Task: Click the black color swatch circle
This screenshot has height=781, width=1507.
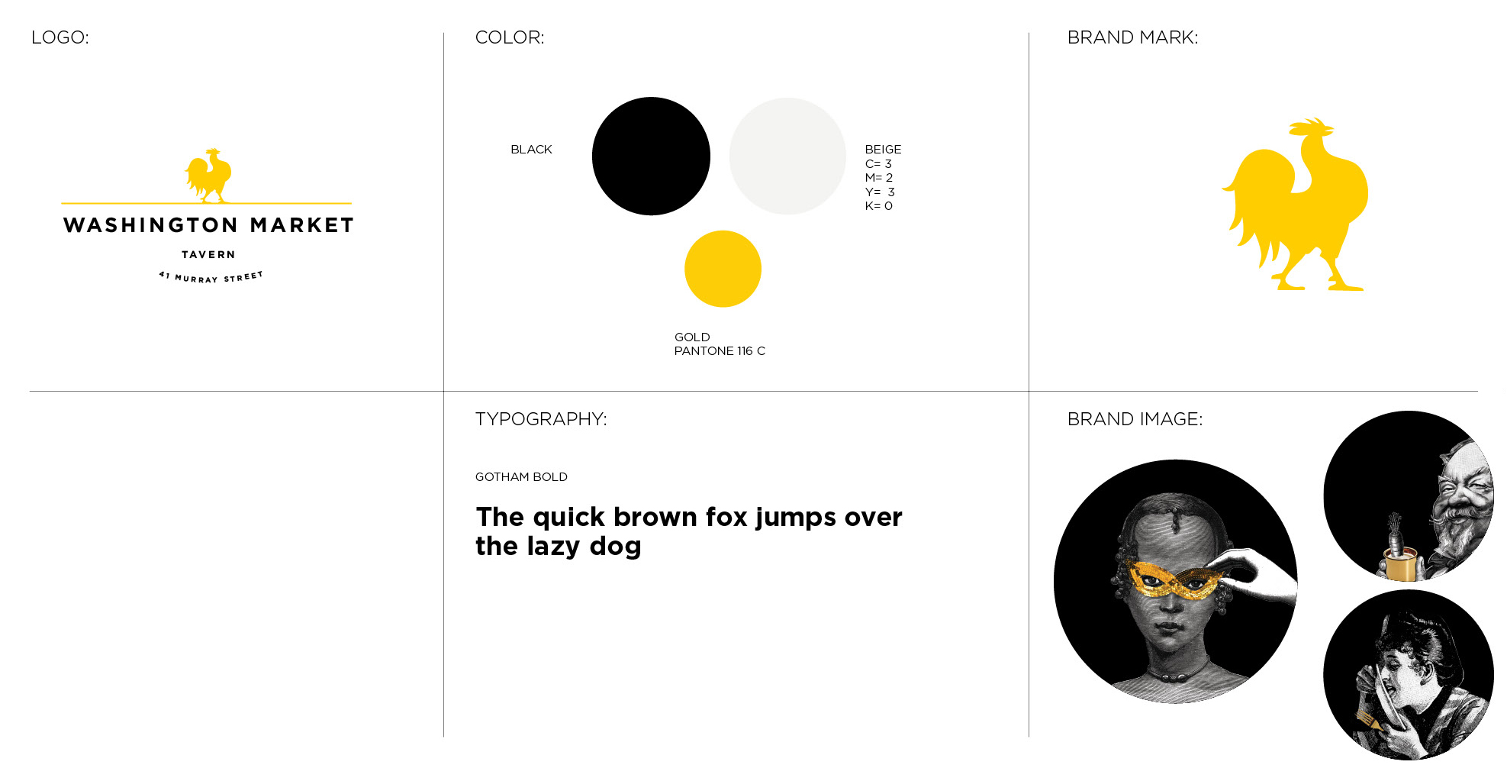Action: coord(651,156)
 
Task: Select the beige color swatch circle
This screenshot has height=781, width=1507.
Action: coord(787,156)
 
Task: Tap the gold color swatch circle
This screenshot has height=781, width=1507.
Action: coord(723,269)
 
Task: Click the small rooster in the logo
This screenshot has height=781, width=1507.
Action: coord(208,175)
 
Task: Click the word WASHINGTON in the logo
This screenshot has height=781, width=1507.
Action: coord(151,225)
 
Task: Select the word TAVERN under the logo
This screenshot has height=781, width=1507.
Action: coord(208,255)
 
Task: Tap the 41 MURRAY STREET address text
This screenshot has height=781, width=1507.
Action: coord(211,277)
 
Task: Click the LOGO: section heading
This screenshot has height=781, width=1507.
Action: coord(60,37)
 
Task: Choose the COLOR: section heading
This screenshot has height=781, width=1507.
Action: coord(510,37)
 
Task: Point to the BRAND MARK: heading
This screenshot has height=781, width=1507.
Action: coord(1132,37)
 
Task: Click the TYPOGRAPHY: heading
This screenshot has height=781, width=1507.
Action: coord(541,419)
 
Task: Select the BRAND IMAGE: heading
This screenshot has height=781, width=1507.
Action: coord(1135,419)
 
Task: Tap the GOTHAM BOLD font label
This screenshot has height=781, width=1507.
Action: coord(521,477)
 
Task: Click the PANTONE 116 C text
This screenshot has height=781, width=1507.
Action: coord(720,351)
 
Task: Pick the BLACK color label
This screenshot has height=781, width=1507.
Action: coord(531,150)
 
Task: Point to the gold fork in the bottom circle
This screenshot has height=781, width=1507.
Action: coord(1369,719)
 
